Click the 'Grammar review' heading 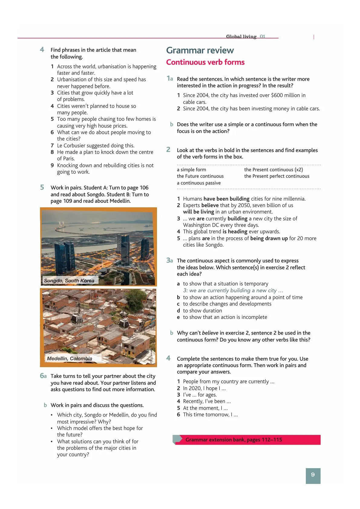(x=200, y=50)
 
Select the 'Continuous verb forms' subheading (x=205, y=62)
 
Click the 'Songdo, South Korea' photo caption (x=69, y=280)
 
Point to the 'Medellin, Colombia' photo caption (x=70, y=358)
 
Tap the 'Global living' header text (x=241, y=37)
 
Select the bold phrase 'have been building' (x=226, y=199)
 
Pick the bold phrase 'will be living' (x=198, y=212)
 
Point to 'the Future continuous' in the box (x=200, y=176)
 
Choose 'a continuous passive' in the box (x=199, y=183)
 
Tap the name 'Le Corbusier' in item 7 (x=72, y=145)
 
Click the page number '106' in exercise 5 (x=144, y=188)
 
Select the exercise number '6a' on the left (x=43, y=376)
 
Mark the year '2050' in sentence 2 (x=244, y=205)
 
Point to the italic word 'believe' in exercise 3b (x=210, y=333)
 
